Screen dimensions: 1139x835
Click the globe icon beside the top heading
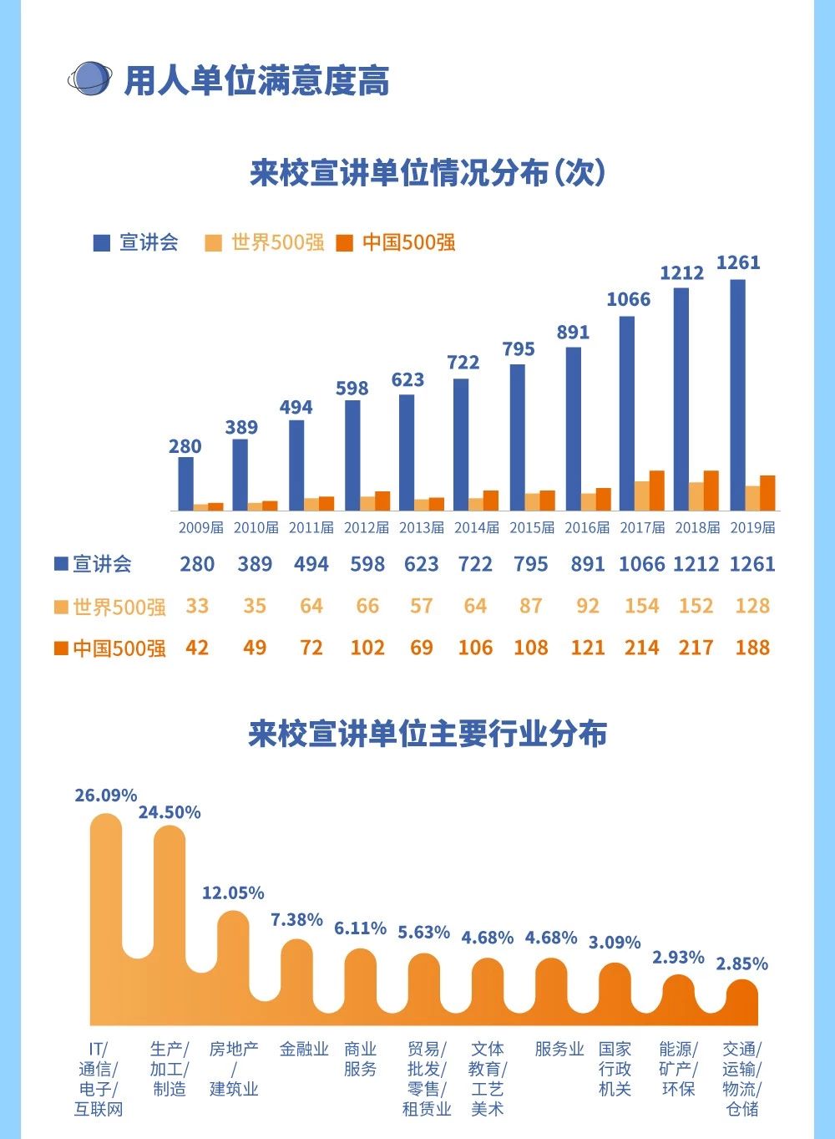pos(89,79)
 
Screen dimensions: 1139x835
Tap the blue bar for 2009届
pos(185,483)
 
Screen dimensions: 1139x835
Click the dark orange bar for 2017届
pos(656,491)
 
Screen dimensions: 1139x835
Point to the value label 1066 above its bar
pos(628,299)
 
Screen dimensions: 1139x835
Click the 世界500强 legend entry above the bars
pos(266,242)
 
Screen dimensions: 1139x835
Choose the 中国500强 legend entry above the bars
pos(397,242)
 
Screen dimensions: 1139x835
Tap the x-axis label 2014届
pos(477,527)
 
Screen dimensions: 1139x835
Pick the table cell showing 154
pos(641,606)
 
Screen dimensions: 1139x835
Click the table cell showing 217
pos(696,648)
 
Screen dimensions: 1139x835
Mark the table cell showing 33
pos(197,606)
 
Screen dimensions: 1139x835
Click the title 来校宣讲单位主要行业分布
pos(428,734)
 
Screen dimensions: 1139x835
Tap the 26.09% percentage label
pos(105,795)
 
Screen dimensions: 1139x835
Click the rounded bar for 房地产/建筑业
pos(234,961)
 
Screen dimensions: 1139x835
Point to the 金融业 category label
pos(304,1049)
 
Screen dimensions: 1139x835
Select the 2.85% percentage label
pos(741,964)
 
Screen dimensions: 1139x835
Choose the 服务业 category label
pos(559,1049)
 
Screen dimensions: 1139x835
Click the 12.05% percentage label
pos(233,892)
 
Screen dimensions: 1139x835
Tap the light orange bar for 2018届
pos(695,496)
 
